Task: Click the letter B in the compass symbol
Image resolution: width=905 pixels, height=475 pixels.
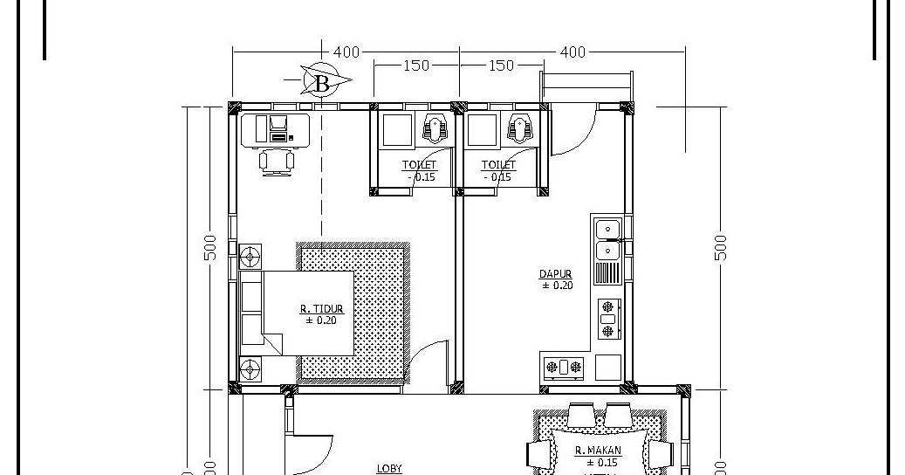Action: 321,83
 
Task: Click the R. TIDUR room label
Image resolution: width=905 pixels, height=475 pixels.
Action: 321,308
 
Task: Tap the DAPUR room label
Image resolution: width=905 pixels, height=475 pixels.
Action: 556,274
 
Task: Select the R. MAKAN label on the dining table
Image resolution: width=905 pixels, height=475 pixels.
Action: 598,451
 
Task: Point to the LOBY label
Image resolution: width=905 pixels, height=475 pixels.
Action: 389,468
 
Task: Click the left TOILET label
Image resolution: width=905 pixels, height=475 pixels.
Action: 419,165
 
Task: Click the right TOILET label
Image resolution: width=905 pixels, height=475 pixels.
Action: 498,165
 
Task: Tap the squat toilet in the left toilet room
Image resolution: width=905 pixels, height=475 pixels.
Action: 435,129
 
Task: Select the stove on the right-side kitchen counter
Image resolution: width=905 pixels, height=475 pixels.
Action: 607,319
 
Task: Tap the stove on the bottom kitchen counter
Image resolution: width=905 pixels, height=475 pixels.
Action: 565,367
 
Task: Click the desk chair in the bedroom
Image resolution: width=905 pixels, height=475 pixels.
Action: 277,162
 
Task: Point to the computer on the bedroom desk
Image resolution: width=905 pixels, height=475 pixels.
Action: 278,128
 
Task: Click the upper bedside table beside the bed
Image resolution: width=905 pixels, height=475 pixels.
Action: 250,258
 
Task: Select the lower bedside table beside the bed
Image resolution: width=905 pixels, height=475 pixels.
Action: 250,368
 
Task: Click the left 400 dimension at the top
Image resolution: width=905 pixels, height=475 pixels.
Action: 346,52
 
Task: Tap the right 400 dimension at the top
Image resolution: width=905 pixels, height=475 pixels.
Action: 572,52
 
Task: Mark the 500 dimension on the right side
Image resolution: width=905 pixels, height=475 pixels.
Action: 720,247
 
